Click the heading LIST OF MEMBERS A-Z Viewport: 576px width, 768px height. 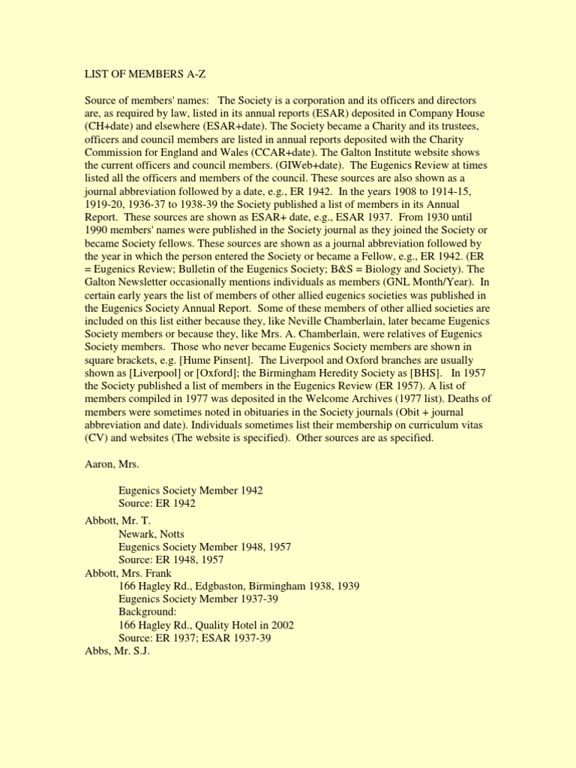pos(145,75)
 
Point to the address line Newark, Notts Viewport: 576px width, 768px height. pos(151,535)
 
